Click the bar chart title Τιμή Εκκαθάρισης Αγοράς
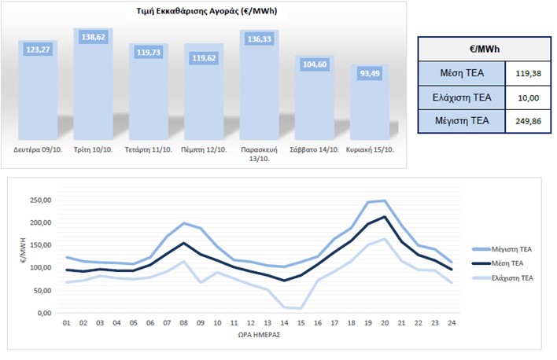[206, 11]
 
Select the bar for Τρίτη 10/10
[93, 84]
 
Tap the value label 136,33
[260, 39]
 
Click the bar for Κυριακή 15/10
[370, 102]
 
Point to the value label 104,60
[315, 64]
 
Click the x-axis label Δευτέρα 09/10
[38, 149]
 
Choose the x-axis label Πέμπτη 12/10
[204, 149]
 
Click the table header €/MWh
[484, 49]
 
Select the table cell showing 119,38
[528, 73]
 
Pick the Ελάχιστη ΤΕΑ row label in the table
[462, 97]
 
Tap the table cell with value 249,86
[528, 121]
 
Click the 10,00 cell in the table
[528, 97]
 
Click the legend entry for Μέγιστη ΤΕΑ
[502, 249]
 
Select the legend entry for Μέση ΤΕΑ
[498, 263]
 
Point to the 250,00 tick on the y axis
[40, 200]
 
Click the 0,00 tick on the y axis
[44, 313]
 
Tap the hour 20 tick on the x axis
[385, 323]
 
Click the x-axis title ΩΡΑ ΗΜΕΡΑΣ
[259, 335]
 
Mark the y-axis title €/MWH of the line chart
[23, 250]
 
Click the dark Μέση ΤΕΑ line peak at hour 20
[385, 217]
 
